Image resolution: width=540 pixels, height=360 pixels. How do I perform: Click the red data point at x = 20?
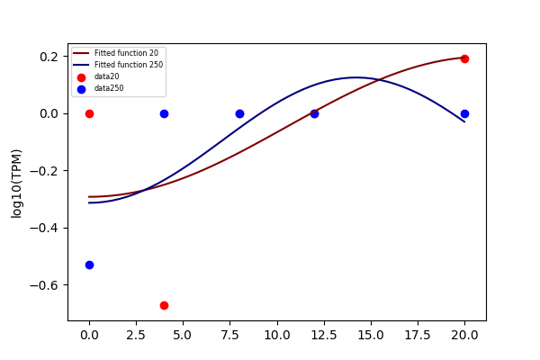(x=464, y=58)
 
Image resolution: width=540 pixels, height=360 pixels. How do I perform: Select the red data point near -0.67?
(x=165, y=306)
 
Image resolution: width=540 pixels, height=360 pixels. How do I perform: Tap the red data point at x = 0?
(x=89, y=113)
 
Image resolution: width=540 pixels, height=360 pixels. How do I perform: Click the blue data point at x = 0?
(x=89, y=265)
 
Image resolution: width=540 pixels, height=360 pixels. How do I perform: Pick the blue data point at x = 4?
(x=165, y=113)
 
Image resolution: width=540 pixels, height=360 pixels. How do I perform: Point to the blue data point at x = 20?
(x=464, y=113)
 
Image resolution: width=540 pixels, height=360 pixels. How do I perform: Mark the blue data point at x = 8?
(x=239, y=113)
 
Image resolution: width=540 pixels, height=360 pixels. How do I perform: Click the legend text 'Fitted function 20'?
(x=126, y=53)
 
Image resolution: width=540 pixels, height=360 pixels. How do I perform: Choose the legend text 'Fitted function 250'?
(x=129, y=65)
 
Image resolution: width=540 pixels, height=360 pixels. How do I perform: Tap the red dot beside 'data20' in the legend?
(x=81, y=78)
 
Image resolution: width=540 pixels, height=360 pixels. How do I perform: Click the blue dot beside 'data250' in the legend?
(x=81, y=90)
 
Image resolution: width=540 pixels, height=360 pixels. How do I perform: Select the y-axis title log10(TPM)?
(x=16, y=184)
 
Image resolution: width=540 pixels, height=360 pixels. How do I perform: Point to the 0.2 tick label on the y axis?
(x=49, y=57)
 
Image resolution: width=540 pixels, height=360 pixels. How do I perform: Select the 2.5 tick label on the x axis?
(x=136, y=335)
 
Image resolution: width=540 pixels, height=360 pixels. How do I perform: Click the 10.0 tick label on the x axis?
(x=277, y=335)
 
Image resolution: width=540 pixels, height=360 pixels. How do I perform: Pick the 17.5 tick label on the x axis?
(x=418, y=335)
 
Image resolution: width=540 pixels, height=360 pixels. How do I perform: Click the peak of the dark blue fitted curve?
(x=356, y=77)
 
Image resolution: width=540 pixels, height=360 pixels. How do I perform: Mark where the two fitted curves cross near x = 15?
(x=379, y=80)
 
